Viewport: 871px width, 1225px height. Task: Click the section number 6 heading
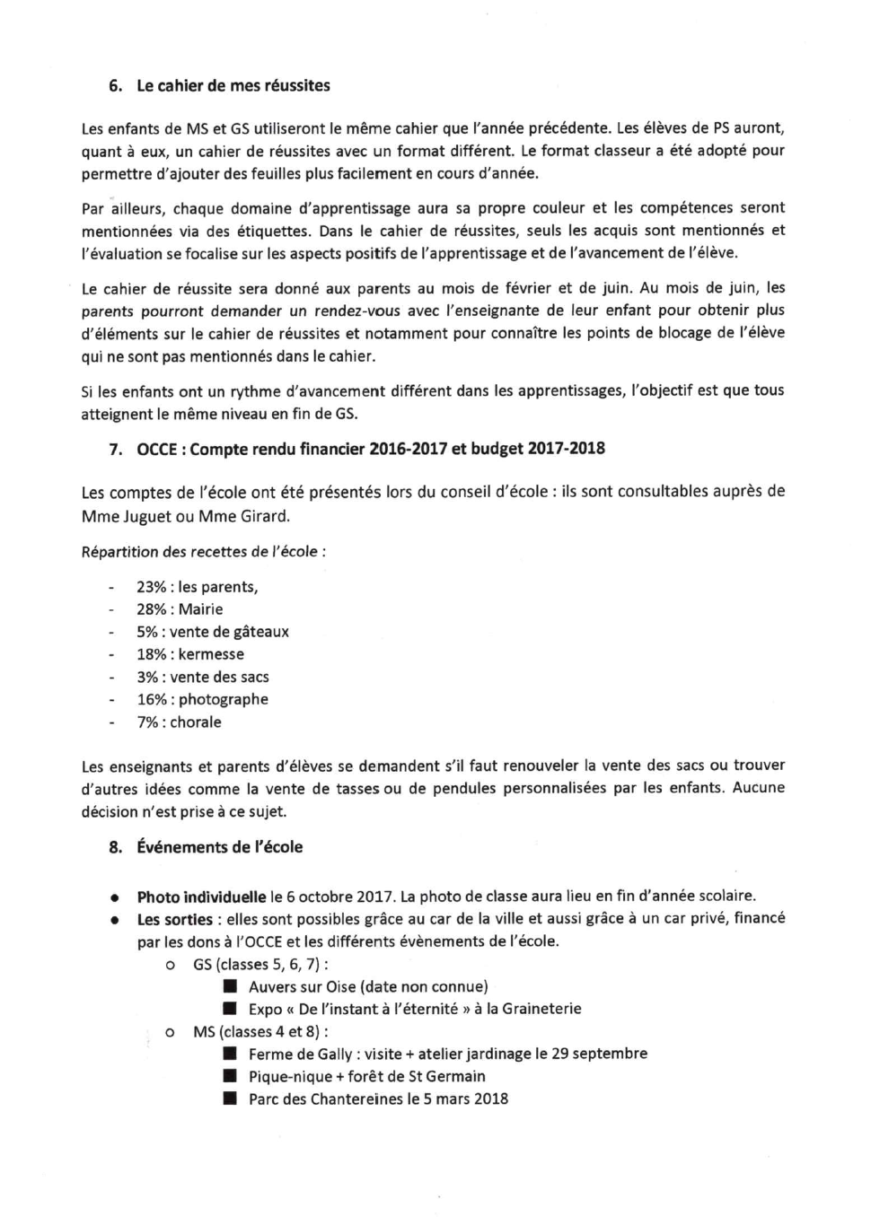tap(115, 86)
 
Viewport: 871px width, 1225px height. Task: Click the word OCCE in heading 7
tap(157, 449)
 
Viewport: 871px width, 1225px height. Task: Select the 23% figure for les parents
tap(151, 587)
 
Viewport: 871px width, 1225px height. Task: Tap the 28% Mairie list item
tap(180, 609)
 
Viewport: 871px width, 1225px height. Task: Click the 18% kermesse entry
tap(190, 654)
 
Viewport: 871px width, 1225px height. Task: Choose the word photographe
tap(223, 699)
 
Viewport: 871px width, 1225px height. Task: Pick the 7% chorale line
tap(179, 722)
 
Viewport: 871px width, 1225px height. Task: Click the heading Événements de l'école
tap(220, 847)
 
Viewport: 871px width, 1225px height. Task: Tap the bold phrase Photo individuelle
tap(201, 897)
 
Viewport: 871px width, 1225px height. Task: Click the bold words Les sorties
tap(175, 919)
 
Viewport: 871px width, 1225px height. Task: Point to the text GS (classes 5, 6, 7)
tap(258, 965)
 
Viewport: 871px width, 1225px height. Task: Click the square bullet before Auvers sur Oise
tap(231, 987)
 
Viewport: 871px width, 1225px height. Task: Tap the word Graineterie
tap(541, 1009)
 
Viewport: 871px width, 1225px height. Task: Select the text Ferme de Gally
tap(300, 1054)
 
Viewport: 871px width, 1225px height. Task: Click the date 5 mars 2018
tap(465, 1098)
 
